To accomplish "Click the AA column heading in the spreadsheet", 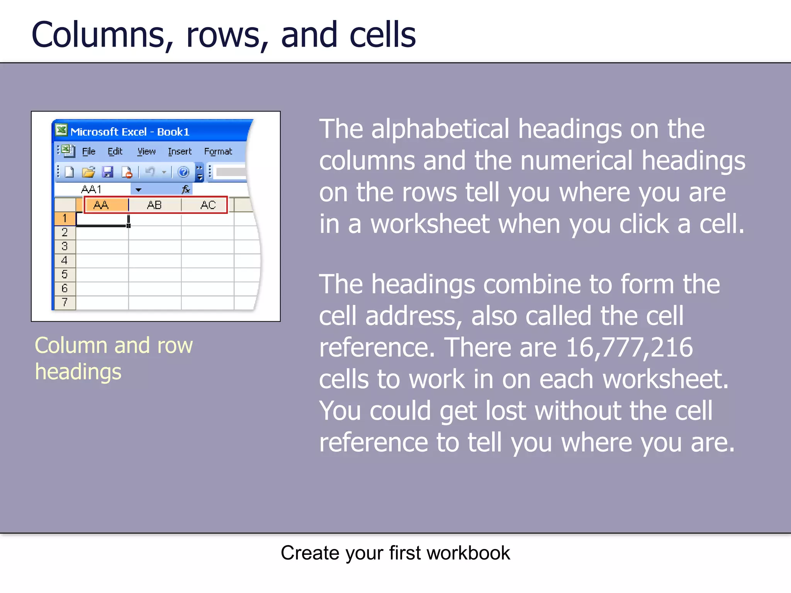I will (x=102, y=205).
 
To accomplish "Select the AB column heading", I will (x=154, y=205).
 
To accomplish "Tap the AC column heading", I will (x=208, y=205).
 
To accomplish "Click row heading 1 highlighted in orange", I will (x=65, y=219).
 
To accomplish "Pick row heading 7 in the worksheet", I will (x=65, y=302).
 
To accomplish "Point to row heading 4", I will (x=65, y=261).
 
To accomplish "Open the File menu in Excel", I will (x=88, y=151).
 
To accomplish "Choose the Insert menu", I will (x=180, y=151).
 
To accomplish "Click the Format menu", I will (x=218, y=151).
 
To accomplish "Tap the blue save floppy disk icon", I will (x=107, y=172).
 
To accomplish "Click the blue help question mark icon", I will (x=183, y=172).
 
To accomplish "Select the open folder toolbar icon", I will (x=88, y=172).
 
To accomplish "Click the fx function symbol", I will (x=186, y=189).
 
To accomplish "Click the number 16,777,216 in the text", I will (x=629, y=347).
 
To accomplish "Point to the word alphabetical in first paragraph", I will (x=440, y=129).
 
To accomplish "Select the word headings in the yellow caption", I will (x=78, y=371).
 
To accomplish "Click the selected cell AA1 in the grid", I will (x=102, y=219).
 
